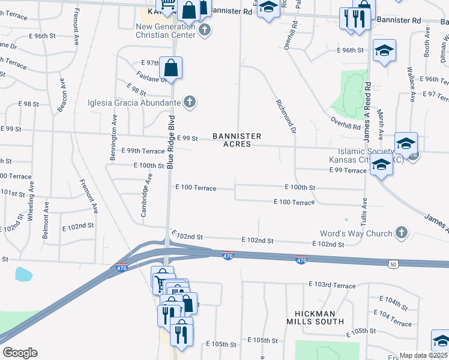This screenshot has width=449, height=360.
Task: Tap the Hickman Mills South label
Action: tap(319, 317)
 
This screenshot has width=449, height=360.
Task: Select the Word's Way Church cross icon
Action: tap(402, 232)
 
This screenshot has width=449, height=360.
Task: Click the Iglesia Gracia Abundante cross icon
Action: tap(190, 102)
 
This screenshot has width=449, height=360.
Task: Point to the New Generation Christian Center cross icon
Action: tap(205, 30)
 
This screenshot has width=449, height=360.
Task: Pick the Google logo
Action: tap(20, 352)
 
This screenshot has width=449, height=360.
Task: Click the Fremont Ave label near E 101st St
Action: tap(88, 196)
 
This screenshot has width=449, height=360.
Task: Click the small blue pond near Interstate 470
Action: tap(24, 275)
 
